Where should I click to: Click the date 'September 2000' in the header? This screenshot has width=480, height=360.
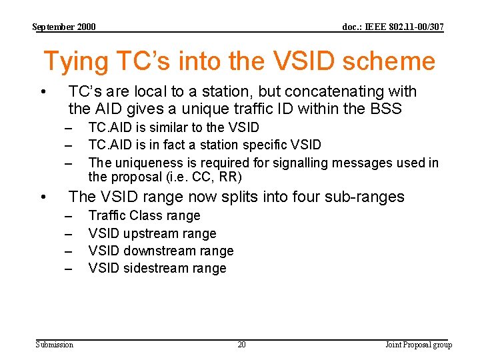point(64,27)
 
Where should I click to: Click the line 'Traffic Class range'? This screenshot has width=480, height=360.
point(144,215)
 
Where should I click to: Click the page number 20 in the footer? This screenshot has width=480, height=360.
point(241,345)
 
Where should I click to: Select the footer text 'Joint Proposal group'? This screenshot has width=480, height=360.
point(419,345)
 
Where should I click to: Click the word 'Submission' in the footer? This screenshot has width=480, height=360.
point(55,345)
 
